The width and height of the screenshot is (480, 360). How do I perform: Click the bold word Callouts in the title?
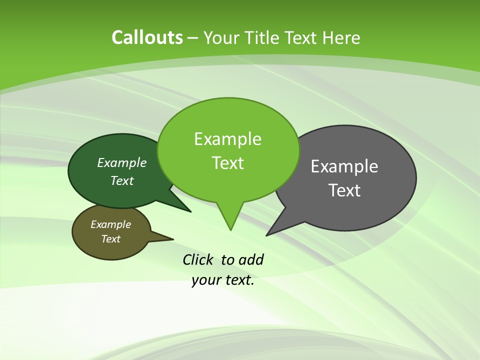coord(147,37)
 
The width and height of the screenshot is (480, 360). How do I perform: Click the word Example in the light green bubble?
coord(227,139)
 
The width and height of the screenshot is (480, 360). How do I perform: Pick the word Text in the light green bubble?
coord(227,163)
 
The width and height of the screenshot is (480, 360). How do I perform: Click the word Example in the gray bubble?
coord(344,166)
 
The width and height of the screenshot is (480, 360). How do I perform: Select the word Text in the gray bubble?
coord(344,190)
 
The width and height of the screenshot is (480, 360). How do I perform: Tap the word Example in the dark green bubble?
coord(122,163)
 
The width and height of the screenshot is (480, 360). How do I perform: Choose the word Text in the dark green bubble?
coord(122,180)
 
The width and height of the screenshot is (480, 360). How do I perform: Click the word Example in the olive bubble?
coord(110,224)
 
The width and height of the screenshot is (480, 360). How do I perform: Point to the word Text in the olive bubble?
coord(110,239)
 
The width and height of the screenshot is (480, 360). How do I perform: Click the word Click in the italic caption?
coord(198,259)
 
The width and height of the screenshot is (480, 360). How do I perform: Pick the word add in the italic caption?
coord(250,259)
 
